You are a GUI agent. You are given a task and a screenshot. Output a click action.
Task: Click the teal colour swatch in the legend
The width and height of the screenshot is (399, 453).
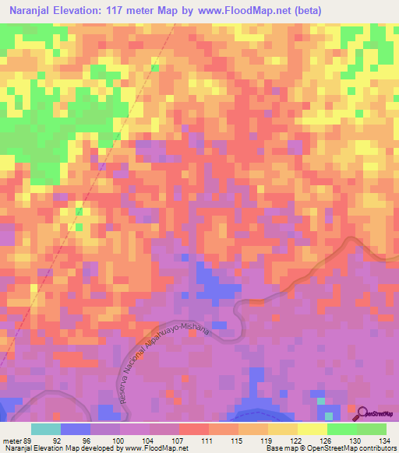pos(46,429)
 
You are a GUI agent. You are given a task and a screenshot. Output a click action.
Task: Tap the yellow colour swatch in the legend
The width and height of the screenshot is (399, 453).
pos(312,429)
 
